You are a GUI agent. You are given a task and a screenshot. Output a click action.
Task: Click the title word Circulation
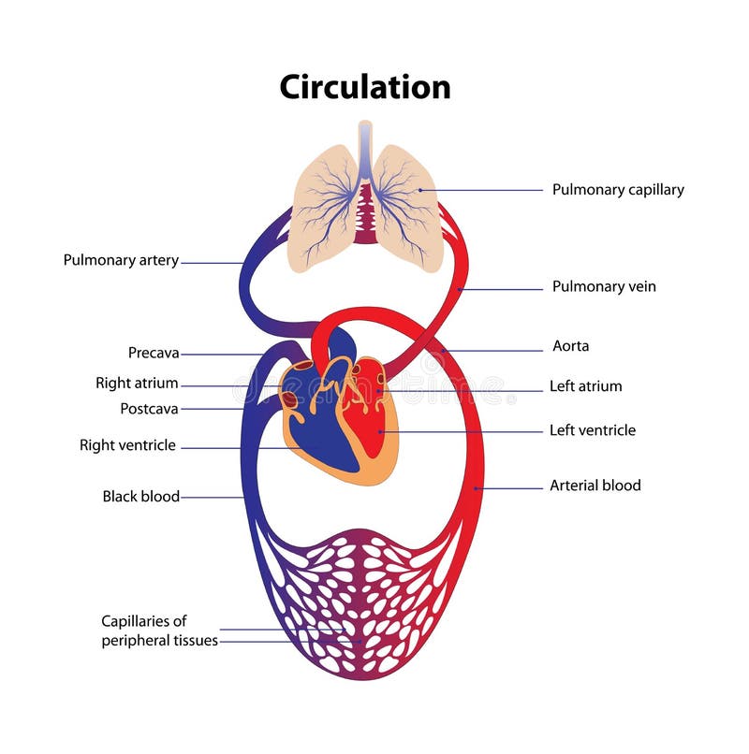click(365, 86)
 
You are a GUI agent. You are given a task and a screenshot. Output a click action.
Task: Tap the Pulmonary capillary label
click(618, 190)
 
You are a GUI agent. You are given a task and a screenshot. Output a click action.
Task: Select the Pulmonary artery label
click(121, 261)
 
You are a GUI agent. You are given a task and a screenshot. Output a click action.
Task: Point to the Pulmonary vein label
click(604, 287)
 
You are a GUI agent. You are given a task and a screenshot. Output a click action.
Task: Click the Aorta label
click(570, 346)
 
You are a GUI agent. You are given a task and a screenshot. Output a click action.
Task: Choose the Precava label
click(154, 354)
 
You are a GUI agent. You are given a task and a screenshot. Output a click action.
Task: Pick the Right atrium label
click(137, 384)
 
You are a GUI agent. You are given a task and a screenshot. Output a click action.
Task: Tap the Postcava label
click(149, 409)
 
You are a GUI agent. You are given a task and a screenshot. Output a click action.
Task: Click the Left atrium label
click(585, 386)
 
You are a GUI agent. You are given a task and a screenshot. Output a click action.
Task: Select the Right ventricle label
click(127, 446)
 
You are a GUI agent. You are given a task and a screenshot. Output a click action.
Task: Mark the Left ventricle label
click(592, 431)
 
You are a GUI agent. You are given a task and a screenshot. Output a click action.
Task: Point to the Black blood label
click(140, 497)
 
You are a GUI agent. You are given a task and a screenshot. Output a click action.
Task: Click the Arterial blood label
click(595, 486)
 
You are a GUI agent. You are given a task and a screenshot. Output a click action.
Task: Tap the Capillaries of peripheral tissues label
click(159, 631)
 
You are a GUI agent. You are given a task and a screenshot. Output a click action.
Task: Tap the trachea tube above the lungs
click(365, 140)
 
